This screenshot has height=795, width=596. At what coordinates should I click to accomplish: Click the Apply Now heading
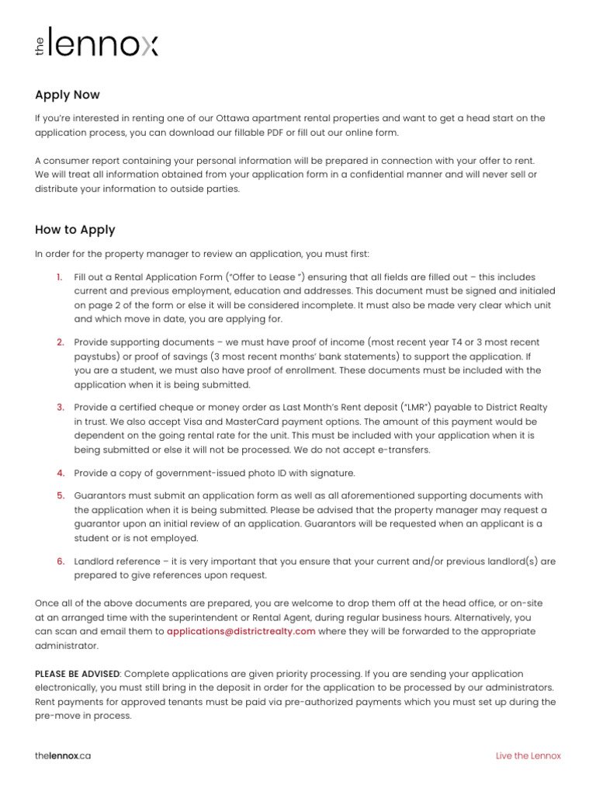point(68,95)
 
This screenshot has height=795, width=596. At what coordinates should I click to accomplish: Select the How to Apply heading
point(75,230)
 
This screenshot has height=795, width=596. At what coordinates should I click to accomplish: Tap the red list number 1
point(60,277)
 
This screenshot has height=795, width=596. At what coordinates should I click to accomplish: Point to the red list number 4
point(60,473)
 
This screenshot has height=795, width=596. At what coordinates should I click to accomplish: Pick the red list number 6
point(60,561)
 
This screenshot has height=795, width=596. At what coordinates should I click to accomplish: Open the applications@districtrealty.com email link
point(241,631)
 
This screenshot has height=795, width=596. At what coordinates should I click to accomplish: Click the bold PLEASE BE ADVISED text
point(78,674)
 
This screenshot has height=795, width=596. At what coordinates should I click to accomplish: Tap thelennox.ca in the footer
point(63,755)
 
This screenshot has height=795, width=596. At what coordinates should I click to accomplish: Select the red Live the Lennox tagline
point(528,755)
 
